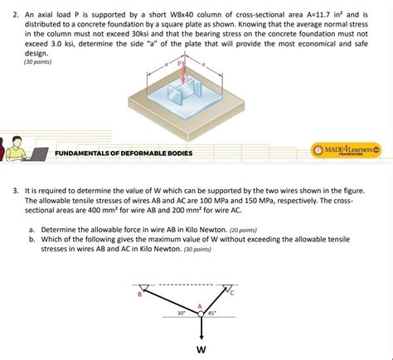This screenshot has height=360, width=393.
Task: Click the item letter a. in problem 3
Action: click(32, 229)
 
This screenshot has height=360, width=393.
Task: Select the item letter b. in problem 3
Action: click(32, 238)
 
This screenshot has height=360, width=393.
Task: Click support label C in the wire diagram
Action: click(233, 293)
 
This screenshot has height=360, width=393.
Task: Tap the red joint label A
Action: click(199, 305)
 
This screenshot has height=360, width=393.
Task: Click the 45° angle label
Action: click(211, 314)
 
